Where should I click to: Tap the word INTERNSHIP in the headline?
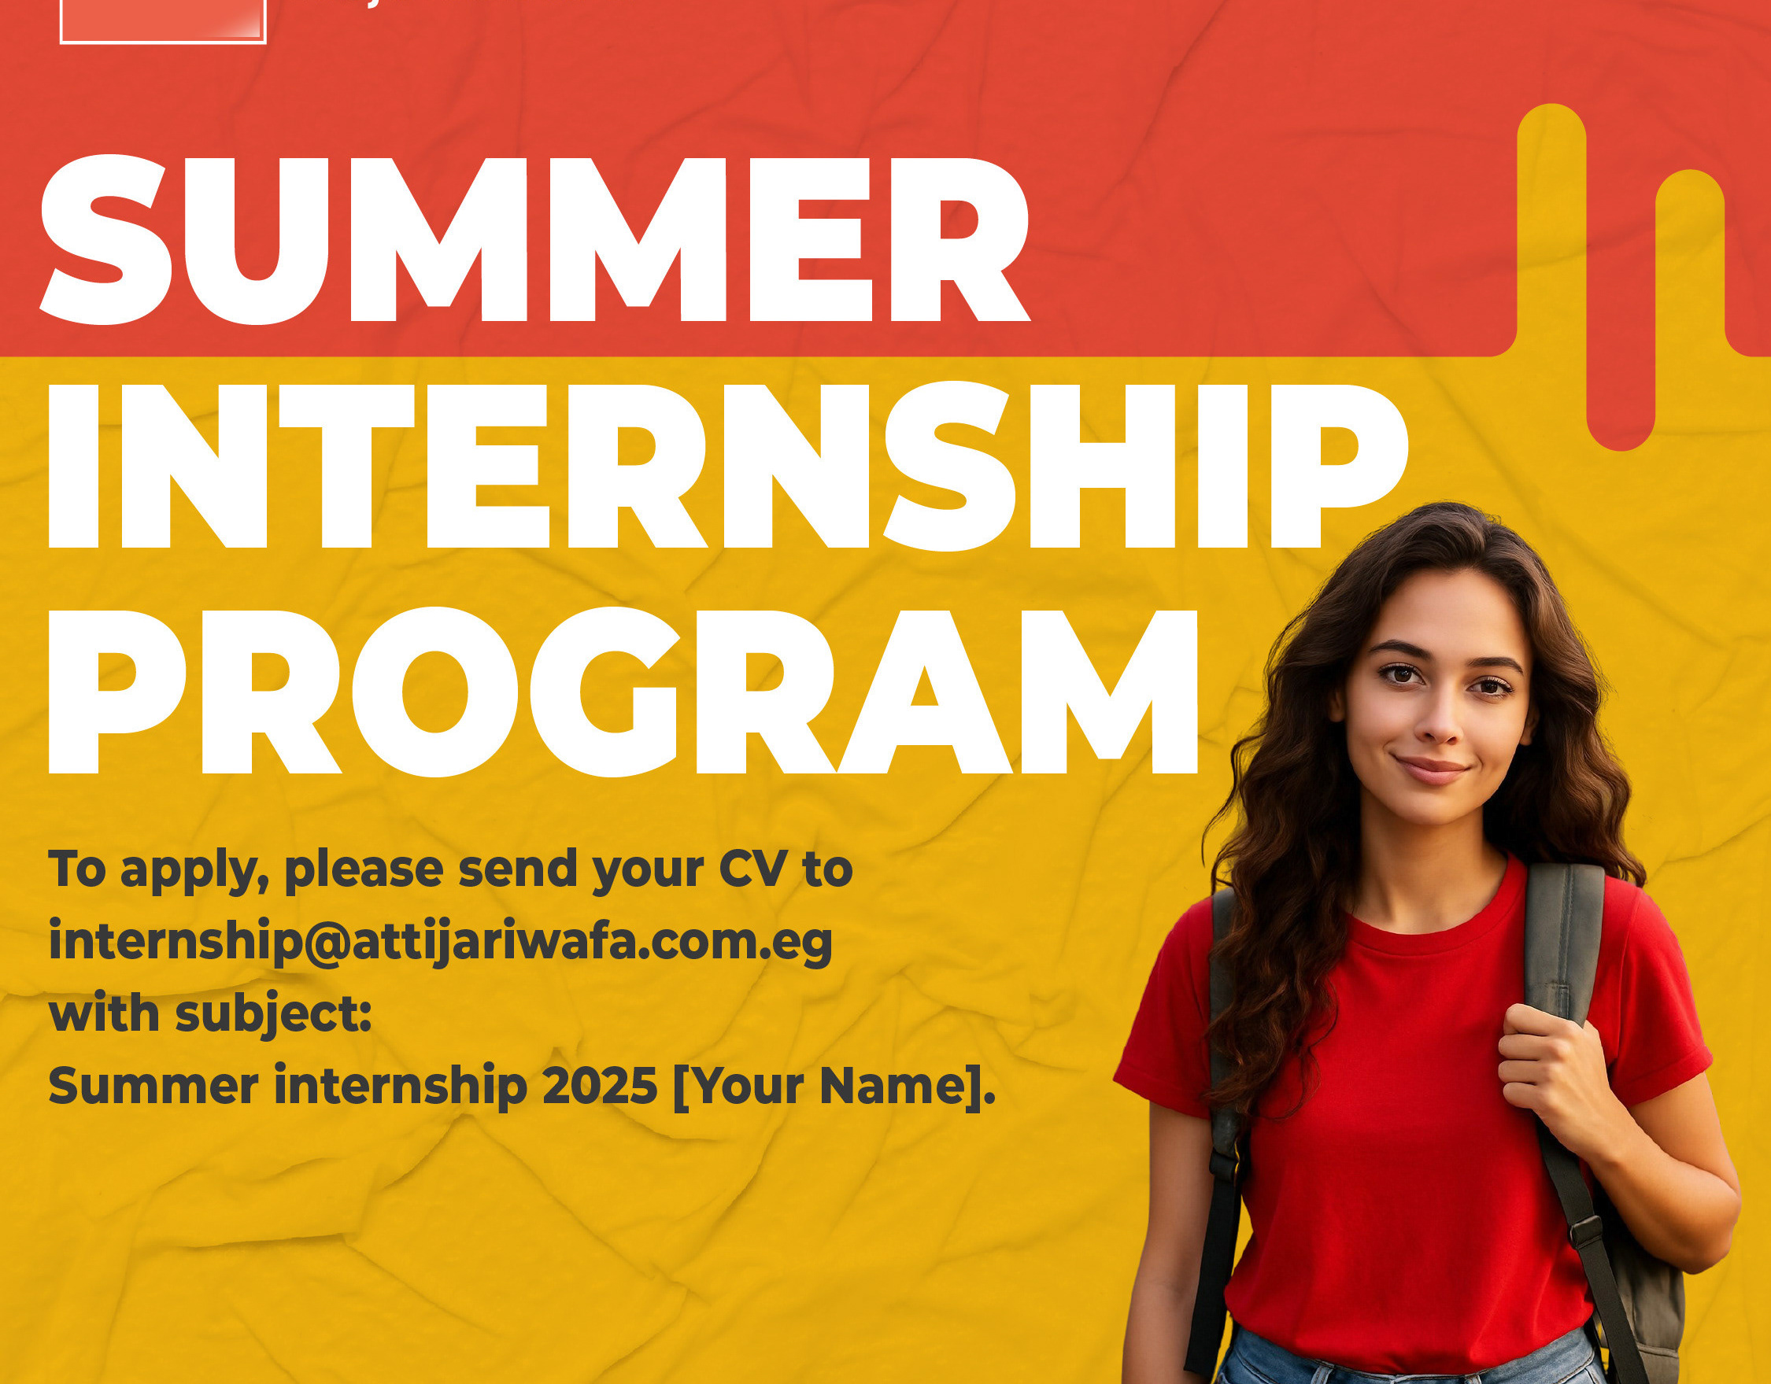pos(727,467)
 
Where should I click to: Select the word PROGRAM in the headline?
pos(623,692)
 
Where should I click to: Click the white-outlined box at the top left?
pos(163,22)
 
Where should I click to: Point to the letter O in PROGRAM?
pos(435,692)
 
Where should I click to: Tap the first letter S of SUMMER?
pos(106,240)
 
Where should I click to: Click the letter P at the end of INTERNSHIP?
pos(1345,467)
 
